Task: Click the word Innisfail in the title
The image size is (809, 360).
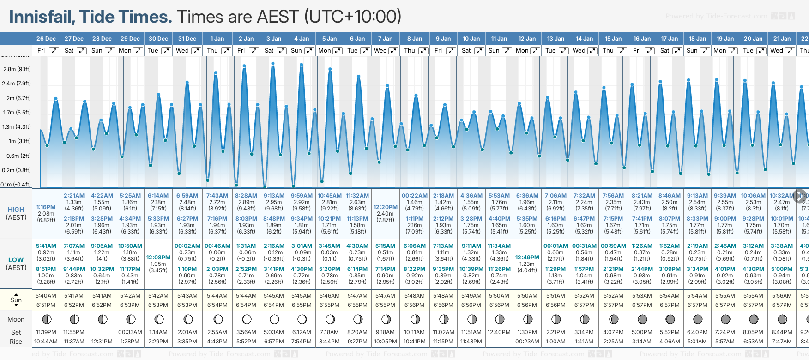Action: point(42,17)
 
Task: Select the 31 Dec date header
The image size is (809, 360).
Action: point(187,39)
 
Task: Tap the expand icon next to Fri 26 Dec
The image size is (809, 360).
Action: point(54,51)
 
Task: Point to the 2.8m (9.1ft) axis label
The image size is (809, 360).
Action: point(17,69)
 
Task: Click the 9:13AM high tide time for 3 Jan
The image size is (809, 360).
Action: point(274,196)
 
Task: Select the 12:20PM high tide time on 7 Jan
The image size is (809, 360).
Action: point(386,207)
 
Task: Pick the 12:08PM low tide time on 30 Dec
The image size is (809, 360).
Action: point(158,258)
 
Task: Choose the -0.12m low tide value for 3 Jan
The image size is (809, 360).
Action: point(274,252)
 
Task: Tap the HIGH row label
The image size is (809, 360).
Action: point(16,210)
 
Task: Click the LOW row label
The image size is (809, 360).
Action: point(16,260)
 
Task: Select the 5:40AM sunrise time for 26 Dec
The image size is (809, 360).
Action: point(46,296)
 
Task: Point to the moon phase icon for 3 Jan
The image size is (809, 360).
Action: point(274,319)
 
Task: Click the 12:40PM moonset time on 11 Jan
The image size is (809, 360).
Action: point(499,332)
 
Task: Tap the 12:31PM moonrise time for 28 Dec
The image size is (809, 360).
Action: point(102,342)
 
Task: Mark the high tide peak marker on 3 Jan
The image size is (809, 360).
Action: point(273,64)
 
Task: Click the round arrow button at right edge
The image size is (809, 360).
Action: point(800,196)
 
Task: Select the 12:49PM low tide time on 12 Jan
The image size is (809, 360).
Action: point(527,258)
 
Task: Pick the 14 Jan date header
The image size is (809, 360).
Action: point(584,39)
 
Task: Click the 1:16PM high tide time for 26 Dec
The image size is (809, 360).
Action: point(46,207)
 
